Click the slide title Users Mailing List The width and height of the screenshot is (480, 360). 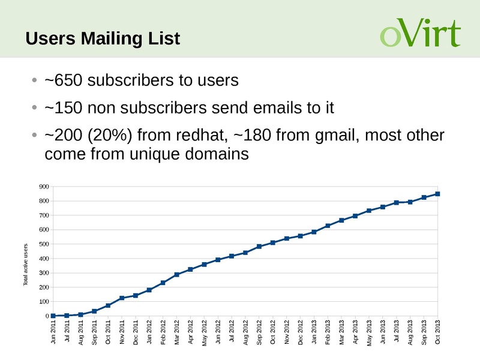click(x=103, y=39)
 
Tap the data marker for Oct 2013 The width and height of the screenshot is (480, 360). click(x=438, y=194)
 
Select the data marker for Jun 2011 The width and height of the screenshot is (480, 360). click(x=53, y=316)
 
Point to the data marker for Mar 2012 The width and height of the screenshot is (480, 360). click(x=177, y=275)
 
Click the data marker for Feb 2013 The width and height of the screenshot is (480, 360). click(x=328, y=226)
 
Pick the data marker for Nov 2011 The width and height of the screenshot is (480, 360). click(x=122, y=298)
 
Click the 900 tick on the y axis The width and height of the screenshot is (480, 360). click(x=43, y=187)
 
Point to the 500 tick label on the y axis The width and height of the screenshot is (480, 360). click(x=43, y=244)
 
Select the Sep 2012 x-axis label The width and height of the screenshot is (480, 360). click(x=259, y=334)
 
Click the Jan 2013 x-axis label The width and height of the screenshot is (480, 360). click(x=314, y=334)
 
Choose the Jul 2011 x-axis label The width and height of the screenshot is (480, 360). click(x=67, y=334)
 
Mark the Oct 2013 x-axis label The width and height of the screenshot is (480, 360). click(x=438, y=334)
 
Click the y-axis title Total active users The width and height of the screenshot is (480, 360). click(x=26, y=265)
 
